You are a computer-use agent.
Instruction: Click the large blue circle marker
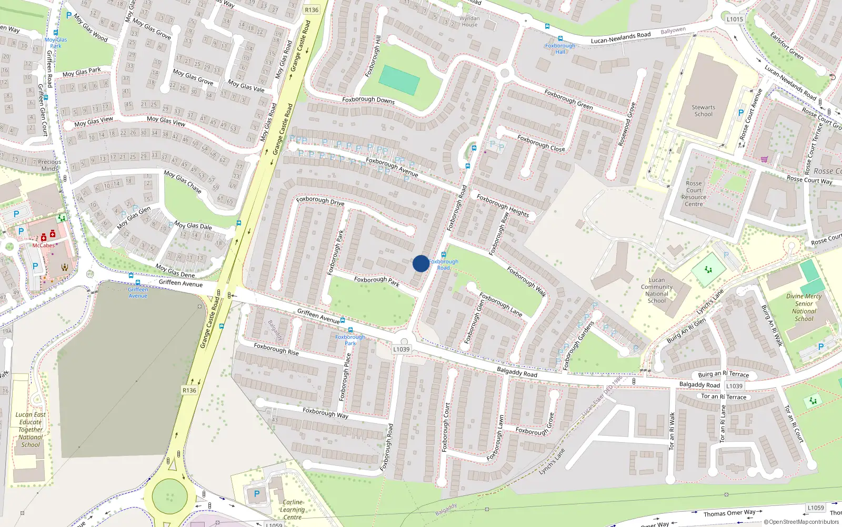click(420, 263)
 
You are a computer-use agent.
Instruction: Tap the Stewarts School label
click(703, 111)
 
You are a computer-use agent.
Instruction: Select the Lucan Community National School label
click(657, 290)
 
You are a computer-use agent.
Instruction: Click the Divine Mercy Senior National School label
click(804, 307)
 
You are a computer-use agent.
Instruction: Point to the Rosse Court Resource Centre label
click(694, 194)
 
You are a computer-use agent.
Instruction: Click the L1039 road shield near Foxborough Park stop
click(401, 349)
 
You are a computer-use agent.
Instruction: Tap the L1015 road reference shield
click(735, 19)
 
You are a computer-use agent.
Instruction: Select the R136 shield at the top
click(312, 10)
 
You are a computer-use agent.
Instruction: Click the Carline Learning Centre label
click(292, 510)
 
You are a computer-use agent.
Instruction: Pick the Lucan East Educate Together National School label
click(31, 430)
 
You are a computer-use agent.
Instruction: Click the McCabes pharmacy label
click(43, 246)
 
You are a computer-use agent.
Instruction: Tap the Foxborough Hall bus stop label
click(560, 48)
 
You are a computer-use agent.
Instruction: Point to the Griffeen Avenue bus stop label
click(138, 292)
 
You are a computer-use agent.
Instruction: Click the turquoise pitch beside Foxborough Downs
click(399, 80)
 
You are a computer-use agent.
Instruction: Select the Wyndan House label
click(469, 22)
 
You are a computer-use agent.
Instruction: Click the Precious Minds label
click(49, 165)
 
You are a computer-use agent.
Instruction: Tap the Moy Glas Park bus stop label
click(56, 43)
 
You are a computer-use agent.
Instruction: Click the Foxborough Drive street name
click(320, 201)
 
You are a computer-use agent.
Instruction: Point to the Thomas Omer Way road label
click(729, 513)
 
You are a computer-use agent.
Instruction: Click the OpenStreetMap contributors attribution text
click(801, 522)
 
